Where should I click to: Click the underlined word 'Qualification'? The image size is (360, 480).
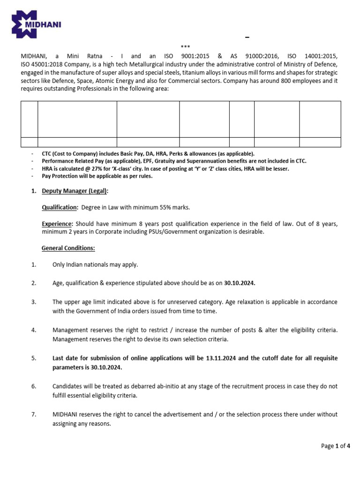[x=60, y=207]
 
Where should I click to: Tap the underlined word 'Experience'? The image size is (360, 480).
[x=57, y=224]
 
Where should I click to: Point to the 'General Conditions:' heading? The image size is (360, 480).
[x=68, y=248]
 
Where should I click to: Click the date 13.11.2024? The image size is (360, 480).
[x=221, y=358]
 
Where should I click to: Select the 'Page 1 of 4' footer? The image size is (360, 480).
[x=336, y=446]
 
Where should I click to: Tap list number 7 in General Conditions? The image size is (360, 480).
[x=34, y=415]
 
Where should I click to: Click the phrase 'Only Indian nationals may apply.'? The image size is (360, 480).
[x=95, y=265]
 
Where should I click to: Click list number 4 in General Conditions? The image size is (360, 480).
[x=34, y=330]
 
